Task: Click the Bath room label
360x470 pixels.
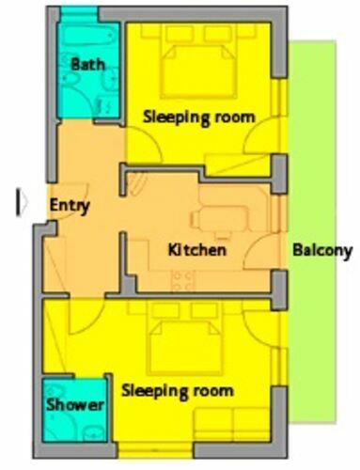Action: coord(88,64)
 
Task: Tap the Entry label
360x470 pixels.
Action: coord(70,206)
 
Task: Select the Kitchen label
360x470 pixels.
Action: coord(197,250)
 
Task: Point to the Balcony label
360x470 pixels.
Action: coord(322,251)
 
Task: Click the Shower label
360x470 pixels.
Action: coord(75,404)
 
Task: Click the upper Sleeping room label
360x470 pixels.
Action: coord(199,117)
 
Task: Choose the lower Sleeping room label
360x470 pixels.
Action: coord(178,391)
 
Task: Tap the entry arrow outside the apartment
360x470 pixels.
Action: coord(22,202)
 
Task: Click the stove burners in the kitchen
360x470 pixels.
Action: coord(183,281)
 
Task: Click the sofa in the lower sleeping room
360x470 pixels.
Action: coord(232,424)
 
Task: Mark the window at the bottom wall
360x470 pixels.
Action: coord(156,449)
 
